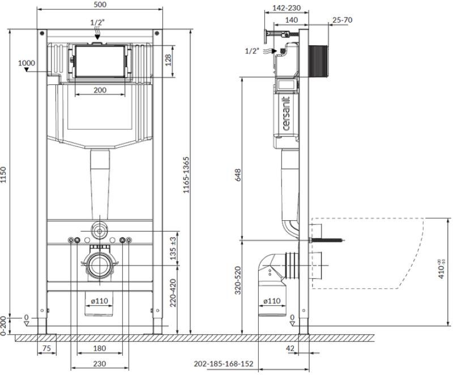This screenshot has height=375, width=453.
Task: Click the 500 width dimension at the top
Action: [100, 5]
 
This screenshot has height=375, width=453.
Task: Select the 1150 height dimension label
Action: [3, 174]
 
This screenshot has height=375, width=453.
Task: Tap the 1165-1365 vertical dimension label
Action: [186, 175]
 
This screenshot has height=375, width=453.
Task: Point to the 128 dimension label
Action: [168, 60]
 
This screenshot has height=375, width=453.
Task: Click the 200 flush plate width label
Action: [100, 90]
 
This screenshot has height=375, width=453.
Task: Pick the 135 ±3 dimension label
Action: [173, 248]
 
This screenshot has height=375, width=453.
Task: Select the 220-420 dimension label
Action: [173, 293]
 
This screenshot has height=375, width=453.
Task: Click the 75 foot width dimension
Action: [46, 348]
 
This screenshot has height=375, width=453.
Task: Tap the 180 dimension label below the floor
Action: [100, 348]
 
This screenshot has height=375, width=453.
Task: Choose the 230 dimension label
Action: [100, 364]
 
